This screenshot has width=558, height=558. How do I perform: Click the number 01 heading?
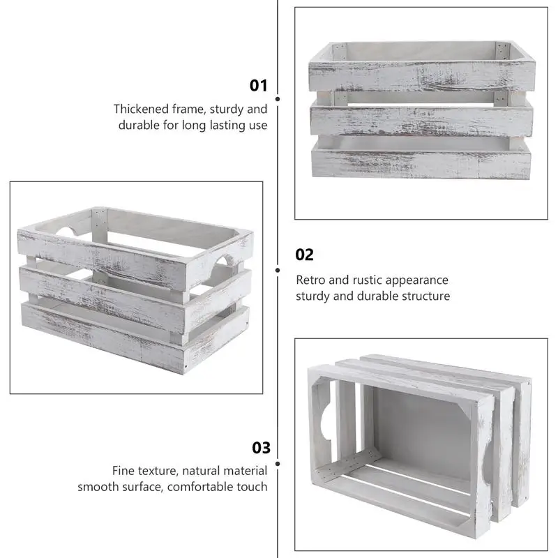259,86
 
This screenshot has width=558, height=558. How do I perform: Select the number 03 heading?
261,448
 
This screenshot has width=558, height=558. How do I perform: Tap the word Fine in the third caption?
125,471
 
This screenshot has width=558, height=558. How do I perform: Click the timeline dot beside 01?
278,100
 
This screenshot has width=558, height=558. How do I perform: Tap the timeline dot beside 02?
278,270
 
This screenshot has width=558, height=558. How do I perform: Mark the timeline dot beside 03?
278,463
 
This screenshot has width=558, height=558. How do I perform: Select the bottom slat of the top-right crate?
421,162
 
